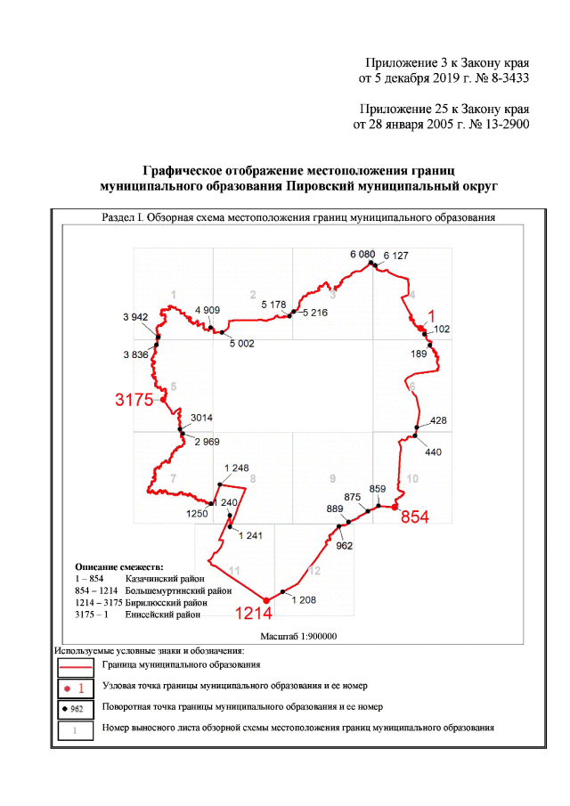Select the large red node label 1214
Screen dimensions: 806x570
tap(253, 613)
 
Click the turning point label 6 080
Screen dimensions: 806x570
tap(362, 254)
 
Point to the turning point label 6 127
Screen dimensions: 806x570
tap(395, 256)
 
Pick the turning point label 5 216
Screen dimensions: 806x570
tap(316, 313)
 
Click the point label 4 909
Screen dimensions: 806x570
tap(207, 310)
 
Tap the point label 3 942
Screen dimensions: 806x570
tap(135, 317)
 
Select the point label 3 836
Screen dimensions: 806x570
tap(135, 354)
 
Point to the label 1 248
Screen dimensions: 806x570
tap(236, 468)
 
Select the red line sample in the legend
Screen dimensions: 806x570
tap(76, 664)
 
